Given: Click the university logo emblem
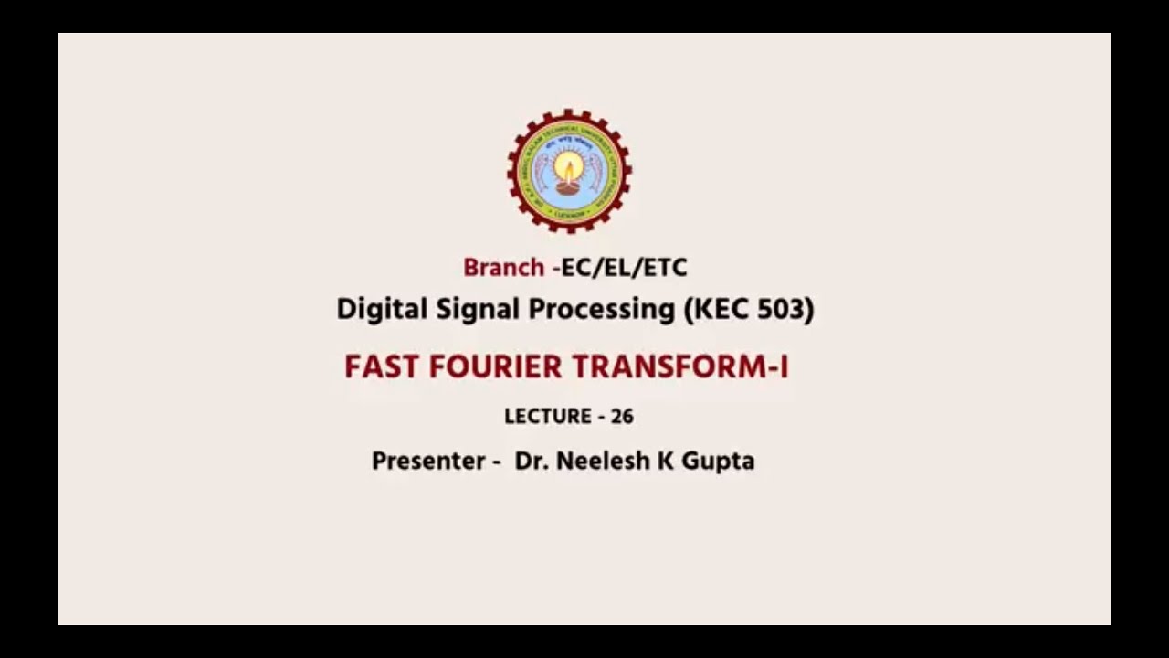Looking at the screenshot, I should tap(569, 171).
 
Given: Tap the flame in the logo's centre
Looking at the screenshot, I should tap(569, 166).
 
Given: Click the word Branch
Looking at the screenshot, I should tap(503, 268).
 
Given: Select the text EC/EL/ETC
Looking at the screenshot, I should tap(625, 268).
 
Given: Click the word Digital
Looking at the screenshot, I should tap(369, 309).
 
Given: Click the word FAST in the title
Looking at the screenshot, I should tap(382, 367).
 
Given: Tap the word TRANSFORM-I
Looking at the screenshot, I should tap(679, 367).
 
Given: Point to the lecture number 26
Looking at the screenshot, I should tap(622, 417).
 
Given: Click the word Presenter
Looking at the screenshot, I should tap(428, 461).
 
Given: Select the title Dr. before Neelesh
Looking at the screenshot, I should tap(531, 461).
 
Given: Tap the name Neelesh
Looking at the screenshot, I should tap(602, 461).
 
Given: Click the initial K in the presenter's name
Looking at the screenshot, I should tap(666, 461).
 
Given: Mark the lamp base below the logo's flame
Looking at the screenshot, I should tap(568, 189).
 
